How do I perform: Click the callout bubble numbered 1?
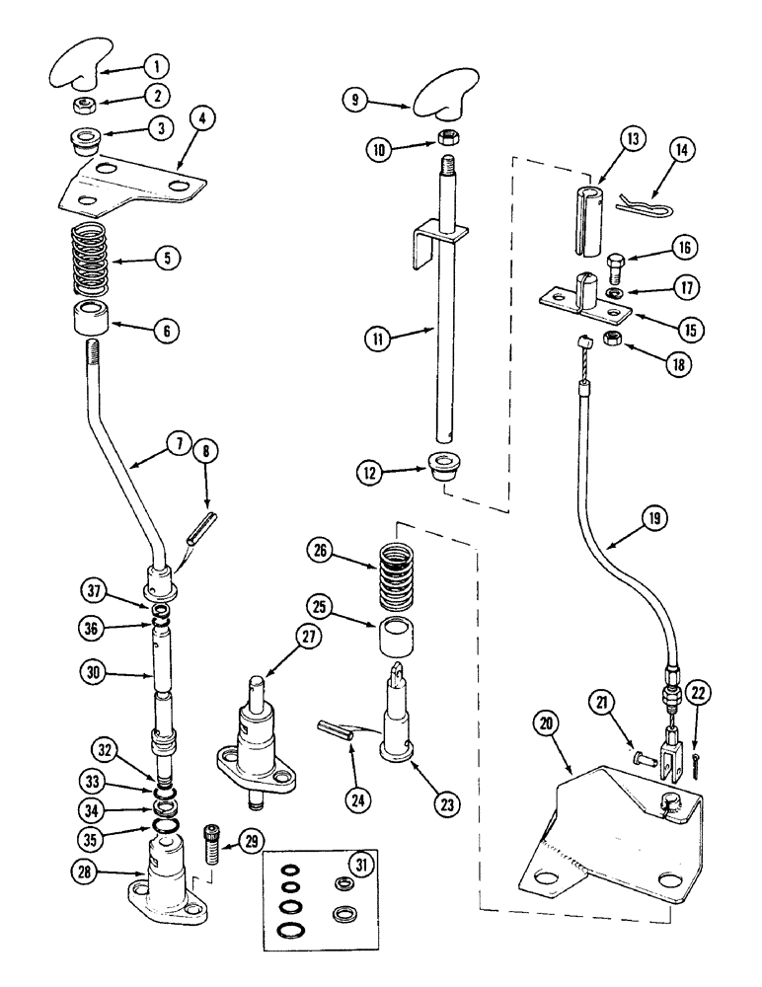point(155,67)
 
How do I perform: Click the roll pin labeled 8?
point(201,518)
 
